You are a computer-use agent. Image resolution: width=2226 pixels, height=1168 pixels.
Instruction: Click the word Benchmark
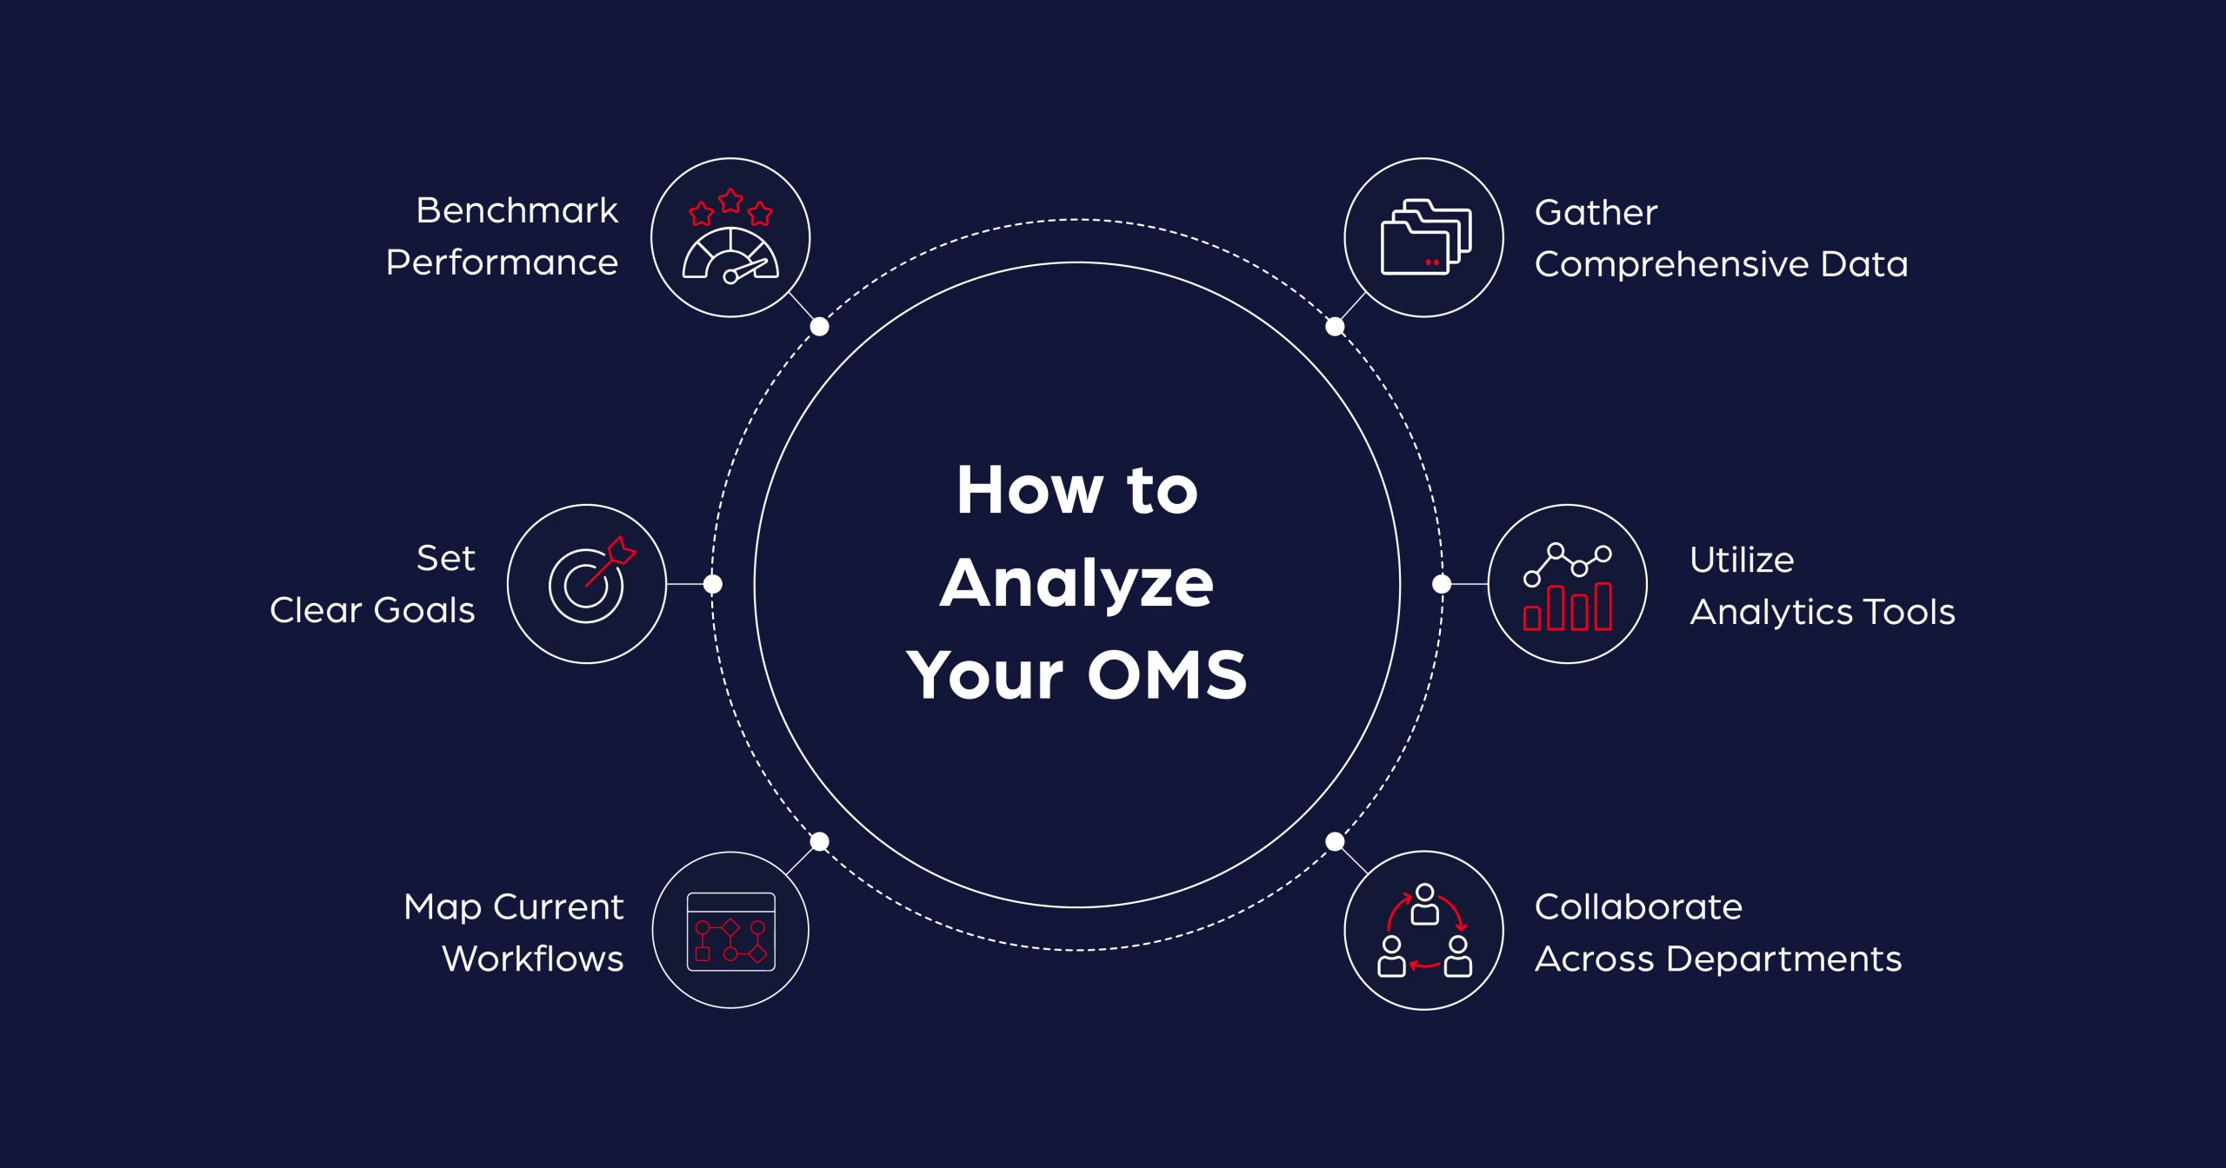tap(517, 210)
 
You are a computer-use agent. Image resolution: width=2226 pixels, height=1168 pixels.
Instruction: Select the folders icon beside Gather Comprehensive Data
tap(1424, 237)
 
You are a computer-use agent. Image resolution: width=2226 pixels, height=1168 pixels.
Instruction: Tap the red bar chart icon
tap(1568, 606)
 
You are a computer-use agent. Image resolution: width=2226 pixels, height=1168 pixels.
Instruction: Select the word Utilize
tap(1742, 560)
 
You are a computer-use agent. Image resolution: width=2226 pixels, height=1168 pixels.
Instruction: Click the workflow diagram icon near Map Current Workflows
tap(730, 931)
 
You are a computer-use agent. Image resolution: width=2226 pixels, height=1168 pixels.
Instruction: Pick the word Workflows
tap(533, 959)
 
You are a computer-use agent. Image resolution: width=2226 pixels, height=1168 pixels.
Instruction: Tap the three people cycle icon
tap(1424, 931)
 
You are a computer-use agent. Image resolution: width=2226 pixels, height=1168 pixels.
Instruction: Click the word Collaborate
tap(1638, 907)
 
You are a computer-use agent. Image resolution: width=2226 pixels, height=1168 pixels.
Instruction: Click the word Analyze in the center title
tap(1076, 583)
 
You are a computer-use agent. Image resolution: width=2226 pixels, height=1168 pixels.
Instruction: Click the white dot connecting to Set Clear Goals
tap(712, 584)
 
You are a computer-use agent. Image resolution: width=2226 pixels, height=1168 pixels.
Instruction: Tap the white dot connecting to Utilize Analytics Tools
tap(1441, 584)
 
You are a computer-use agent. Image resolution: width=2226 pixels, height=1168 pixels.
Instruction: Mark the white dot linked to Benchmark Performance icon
tap(819, 327)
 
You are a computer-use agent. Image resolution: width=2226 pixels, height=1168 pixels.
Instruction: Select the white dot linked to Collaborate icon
tap(1335, 841)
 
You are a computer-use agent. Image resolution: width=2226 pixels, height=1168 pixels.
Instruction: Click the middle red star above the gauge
tap(730, 201)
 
